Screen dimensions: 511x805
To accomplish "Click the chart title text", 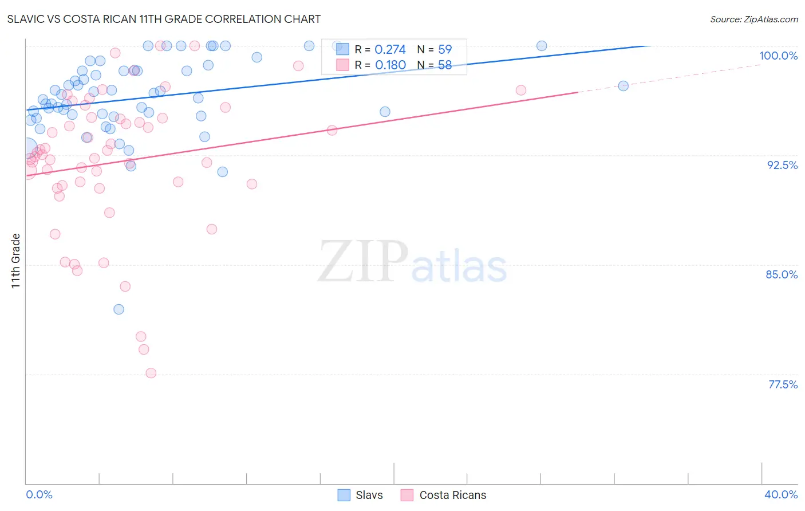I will [x=164, y=19].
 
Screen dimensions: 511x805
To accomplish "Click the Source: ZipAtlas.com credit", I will [x=753, y=19].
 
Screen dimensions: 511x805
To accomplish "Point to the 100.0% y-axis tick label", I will [x=778, y=56].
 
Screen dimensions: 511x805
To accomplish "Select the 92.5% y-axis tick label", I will [x=782, y=165].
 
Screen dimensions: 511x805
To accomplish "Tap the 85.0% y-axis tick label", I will [x=782, y=274].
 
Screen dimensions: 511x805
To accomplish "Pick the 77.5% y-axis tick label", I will [x=783, y=384].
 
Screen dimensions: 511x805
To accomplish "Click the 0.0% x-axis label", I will [x=39, y=494].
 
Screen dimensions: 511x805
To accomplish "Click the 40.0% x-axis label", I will [x=780, y=494].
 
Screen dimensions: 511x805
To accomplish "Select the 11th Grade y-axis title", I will [x=16, y=261].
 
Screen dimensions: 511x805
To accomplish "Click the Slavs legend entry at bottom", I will [x=360, y=495].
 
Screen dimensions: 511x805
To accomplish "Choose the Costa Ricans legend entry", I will [x=444, y=495].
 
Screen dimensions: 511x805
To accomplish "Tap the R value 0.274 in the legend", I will [x=390, y=49].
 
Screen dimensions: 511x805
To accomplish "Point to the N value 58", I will [x=445, y=65].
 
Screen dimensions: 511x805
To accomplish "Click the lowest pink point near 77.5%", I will [x=151, y=373].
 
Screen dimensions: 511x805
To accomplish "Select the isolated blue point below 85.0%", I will [x=119, y=309].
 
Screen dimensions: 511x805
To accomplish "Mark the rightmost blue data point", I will [x=624, y=86].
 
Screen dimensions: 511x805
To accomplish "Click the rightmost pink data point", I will [x=521, y=90].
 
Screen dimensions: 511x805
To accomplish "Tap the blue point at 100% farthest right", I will [x=542, y=46].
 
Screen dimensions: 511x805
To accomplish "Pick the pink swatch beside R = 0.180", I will [x=342, y=65].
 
